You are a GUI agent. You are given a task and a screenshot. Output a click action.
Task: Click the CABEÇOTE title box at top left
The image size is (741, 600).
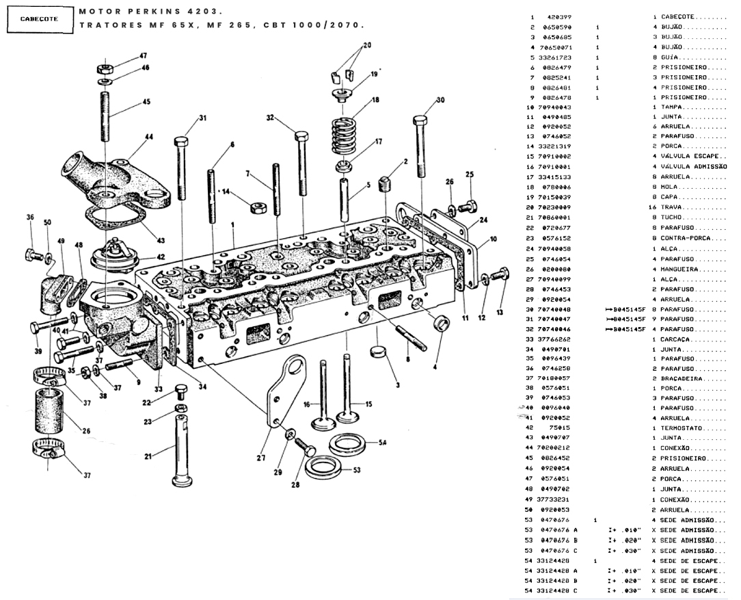(38, 19)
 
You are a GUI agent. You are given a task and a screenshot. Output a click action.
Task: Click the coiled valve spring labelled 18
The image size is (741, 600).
(347, 137)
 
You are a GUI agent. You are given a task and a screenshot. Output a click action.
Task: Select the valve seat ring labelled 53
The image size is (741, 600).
(324, 469)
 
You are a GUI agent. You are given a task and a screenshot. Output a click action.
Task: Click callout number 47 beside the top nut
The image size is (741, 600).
(143, 55)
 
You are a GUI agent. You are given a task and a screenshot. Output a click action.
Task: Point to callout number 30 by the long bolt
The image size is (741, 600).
(440, 100)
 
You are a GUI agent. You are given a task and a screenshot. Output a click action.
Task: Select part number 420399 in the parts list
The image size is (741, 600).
(558, 16)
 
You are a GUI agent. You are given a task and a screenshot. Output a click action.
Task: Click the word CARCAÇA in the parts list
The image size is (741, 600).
(677, 339)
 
